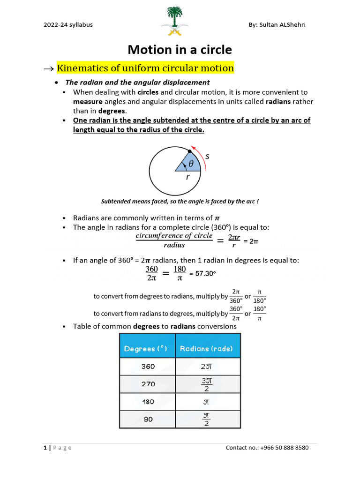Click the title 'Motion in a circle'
click(180, 50)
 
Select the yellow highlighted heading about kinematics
click(145, 68)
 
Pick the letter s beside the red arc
click(207, 157)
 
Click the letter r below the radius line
click(187, 178)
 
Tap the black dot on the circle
click(189, 151)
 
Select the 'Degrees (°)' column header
click(147, 348)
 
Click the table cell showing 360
click(148, 367)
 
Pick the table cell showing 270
click(148, 384)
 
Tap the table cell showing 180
click(148, 402)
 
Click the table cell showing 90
click(148, 419)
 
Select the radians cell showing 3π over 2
click(206, 384)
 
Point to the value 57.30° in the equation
click(205, 273)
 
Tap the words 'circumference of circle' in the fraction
click(174, 236)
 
